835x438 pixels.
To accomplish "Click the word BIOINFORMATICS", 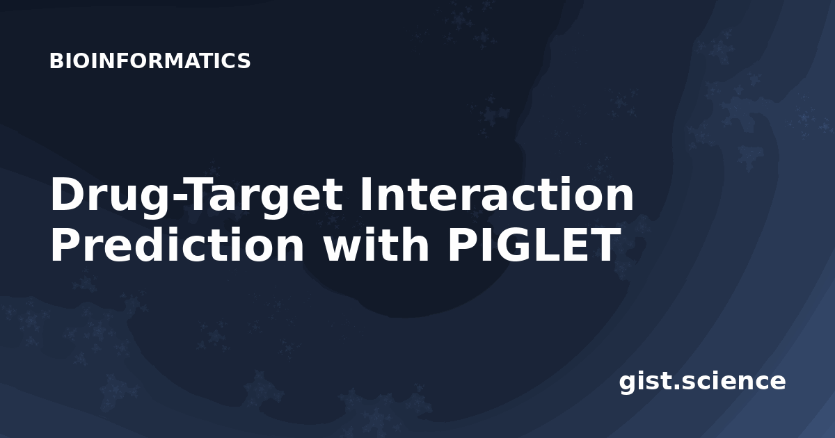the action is (x=150, y=60).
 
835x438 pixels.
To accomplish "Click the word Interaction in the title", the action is (x=496, y=195).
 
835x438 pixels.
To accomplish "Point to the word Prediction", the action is (x=177, y=244).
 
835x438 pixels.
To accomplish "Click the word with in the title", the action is (x=376, y=244).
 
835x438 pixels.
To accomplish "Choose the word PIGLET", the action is (x=532, y=245).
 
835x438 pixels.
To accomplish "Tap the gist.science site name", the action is (x=702, y=382).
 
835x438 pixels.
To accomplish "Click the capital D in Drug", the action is (x=68, y=195).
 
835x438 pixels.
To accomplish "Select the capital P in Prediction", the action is (x=66, y=244).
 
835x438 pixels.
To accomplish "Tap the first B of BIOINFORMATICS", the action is (x=56, y=60).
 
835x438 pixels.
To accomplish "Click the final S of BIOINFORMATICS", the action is (x=244, y=60).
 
